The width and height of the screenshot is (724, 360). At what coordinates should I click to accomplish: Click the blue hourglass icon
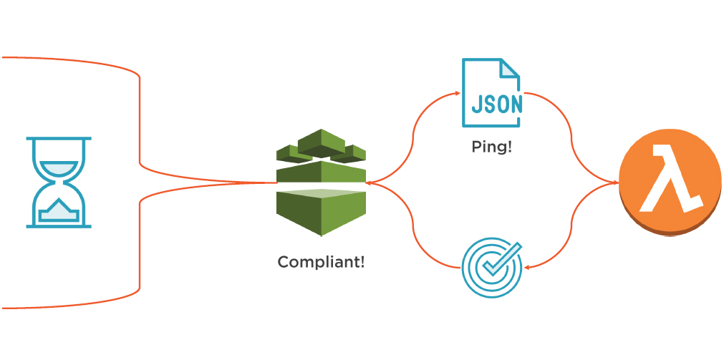point(59,182)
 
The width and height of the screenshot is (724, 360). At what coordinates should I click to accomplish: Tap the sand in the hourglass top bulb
point(59,167)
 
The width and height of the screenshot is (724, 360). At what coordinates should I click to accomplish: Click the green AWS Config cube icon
point(321,182)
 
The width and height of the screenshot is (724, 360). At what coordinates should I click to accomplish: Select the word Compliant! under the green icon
point(321,262)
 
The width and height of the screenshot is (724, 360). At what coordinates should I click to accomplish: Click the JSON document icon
point(491,94)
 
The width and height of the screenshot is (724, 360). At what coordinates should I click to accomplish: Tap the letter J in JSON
point(476,104)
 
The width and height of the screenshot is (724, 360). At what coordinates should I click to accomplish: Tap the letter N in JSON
point(515,104)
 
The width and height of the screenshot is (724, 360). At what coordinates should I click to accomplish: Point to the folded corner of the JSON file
point(510,68)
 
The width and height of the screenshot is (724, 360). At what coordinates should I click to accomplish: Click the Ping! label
point(492,147)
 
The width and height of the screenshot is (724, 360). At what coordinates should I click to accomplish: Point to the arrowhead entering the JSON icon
point(456,93)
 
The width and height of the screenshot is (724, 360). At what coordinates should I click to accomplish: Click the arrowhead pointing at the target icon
point(526,267)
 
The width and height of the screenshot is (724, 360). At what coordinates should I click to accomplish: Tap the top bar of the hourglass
point(59,138)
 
